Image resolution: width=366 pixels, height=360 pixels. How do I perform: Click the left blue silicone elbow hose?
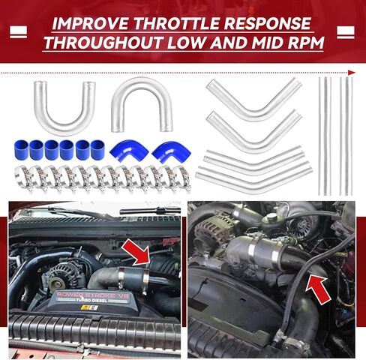125,152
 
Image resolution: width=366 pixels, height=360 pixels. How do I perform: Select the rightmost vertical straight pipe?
346,135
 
